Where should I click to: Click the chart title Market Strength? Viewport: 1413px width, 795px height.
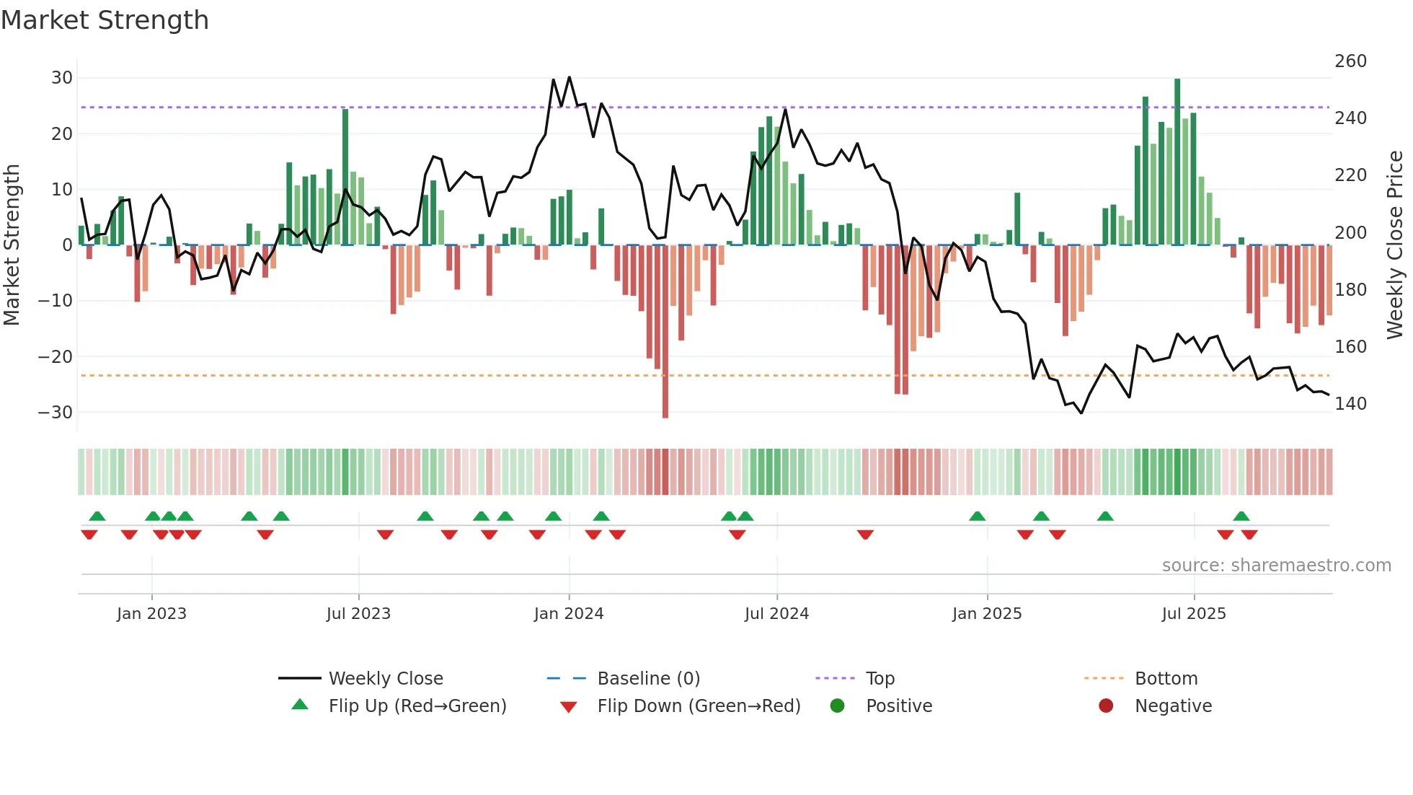tap(105, 20)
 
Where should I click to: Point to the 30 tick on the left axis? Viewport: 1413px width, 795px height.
tap(62, 78)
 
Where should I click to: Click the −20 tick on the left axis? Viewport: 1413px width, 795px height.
tap(56, 356)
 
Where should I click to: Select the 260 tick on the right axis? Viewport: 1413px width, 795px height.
tap(1350, 61)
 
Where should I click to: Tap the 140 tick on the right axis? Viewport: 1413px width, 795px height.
tap(1350, 404)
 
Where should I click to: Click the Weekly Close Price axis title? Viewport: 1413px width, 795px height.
tap(1395, 245)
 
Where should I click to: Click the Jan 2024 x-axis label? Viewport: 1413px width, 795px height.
tap(568, 614)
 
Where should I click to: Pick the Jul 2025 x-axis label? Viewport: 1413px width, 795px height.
tap(1193, 614)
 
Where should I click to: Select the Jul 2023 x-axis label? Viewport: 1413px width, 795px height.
tap(358, 614)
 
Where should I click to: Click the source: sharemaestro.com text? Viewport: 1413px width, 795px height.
tap(1276, 566)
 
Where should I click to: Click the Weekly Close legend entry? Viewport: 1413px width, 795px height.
tap(385, 679)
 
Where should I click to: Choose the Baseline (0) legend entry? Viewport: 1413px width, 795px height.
tap(648, 679)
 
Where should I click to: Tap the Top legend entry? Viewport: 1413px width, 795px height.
tap(880, 679)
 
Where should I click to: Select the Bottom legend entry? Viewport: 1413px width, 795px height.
tap(1166, 679)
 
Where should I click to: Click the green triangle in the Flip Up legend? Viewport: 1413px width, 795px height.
tap(300, 705)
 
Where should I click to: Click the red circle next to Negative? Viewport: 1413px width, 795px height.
tap(1105, 706)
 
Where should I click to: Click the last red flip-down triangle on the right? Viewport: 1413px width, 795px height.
tap(1249, 535)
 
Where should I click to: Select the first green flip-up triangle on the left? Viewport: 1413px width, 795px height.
tap(97, 516)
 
